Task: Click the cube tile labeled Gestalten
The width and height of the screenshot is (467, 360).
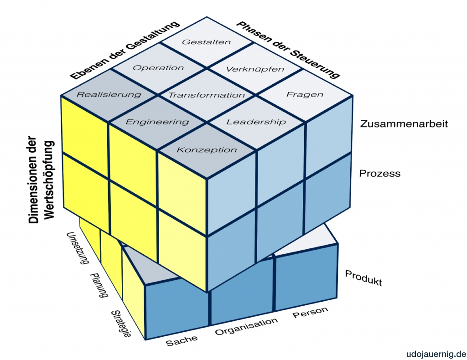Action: (x=207, y=42)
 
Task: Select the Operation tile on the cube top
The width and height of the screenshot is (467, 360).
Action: (x=158, y=68)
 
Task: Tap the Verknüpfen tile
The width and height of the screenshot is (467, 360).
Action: (x=255, y=69)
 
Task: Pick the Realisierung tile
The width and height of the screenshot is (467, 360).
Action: (x=109, y=95)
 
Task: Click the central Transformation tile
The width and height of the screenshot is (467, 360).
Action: (x=207, y=95)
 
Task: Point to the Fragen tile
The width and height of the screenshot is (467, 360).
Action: (x=305, y=95)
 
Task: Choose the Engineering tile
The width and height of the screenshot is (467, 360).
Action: (x=157, y=122)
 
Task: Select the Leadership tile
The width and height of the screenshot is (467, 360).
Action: (x=256, y=122)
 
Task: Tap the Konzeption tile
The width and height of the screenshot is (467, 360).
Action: (x=207, y=149)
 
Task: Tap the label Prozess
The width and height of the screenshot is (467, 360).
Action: (x=380, y=173)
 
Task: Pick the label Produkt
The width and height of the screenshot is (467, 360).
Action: (x=363, y=278)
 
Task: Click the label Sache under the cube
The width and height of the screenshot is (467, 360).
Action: (x=182, y=339)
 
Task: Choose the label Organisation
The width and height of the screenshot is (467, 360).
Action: (x=246, y=326)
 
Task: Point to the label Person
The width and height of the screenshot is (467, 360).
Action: (x=310, y=313)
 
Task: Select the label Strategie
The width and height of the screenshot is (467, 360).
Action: (x=121, y=324)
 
